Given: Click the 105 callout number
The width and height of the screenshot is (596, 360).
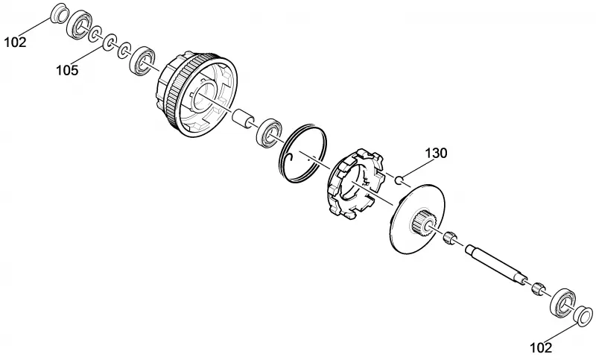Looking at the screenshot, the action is point(67,70).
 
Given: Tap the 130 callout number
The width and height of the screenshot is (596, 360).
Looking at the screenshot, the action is point(436,154).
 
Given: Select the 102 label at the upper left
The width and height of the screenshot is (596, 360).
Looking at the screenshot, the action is point(15,42).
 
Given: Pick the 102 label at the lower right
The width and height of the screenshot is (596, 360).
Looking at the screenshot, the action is point(541,347).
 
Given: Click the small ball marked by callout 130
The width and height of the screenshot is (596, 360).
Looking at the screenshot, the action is point(398,180).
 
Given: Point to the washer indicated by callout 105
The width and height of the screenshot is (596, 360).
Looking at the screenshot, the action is point(110,42).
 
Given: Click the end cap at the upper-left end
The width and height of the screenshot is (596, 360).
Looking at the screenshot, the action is point(60,13).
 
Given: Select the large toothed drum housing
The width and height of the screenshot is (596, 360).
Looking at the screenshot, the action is point(196,93).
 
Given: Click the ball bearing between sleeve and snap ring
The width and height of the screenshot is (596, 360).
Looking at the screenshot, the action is point(270,132).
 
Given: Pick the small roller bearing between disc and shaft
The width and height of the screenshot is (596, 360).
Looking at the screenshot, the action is point(449,237).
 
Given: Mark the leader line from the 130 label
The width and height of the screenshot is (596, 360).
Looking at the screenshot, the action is point(416,168).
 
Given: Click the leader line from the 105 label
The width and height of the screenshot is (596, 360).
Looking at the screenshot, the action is point(87,54).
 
